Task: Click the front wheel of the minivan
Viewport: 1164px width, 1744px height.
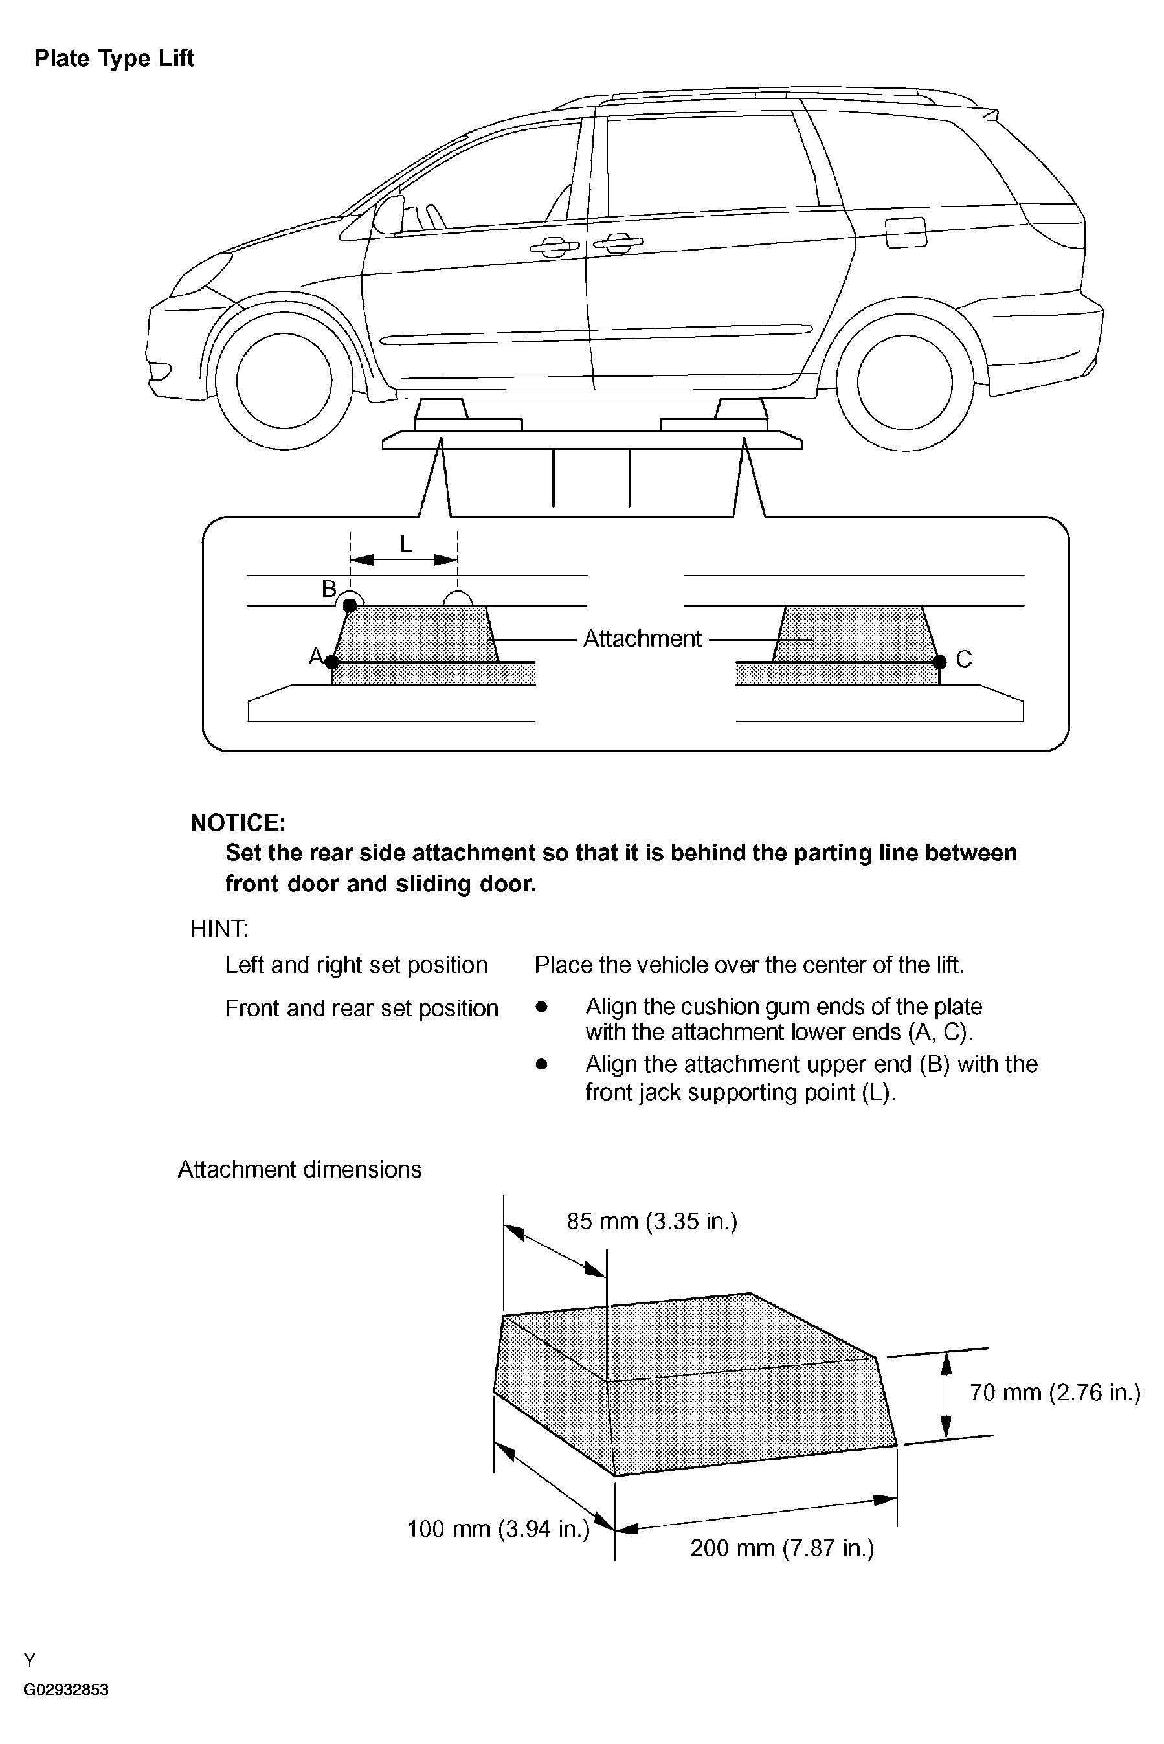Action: pos(284,381)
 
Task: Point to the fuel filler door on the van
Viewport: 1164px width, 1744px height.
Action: pos(906,232)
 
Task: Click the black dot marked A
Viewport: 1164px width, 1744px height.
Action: pos(332,662)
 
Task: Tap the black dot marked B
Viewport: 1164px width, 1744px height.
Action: pos(350,605)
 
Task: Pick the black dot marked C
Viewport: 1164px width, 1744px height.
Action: pos(940,661)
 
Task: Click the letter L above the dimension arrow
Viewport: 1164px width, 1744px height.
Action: pos(405,544)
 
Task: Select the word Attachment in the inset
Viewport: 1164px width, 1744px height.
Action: pos(642,638)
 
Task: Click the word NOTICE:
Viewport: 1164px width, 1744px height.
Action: pos(238,822)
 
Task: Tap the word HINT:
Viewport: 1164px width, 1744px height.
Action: pos(219,928)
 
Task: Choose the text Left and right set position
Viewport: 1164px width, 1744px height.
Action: pos(356,965)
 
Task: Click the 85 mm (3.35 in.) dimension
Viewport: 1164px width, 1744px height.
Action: pos(652,1221)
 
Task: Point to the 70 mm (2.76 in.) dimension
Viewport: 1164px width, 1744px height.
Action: pos(1054,1392)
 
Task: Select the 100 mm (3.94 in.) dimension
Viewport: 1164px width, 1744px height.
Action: pos(498,1529)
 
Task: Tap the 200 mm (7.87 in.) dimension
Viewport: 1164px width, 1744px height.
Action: pos(781,1548)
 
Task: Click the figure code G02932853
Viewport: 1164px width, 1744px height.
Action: pos(66,1705)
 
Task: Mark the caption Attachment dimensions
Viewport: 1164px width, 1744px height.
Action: pos(299,1170)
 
